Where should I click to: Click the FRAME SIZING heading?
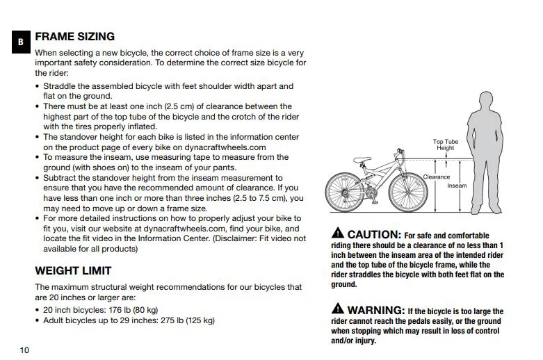pyautogui.click(x=74, y=36)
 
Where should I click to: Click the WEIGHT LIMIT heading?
pyautogui.click(x=73, y=270)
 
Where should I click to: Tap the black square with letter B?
pyautogui.click(x=21, y=42)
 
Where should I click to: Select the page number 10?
pyautogui.click(x=24, y=350)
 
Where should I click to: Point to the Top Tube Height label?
pyautogui.click(x=446, y=145)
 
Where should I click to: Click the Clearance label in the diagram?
pyautogui.click(x=437, y=177)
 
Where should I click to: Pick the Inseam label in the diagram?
pyautogui.click(x=457, y=186)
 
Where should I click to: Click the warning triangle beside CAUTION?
pyautogui.click(x=337, y=234)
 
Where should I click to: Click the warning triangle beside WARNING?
pyautogui.click(x=337, y=309)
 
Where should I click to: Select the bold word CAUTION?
pyautogui.click(x=373, y=235)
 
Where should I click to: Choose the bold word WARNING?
pyautogui.click(x=375, y=310)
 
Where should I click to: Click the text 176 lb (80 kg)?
pyautogui.click(x=130, y=309)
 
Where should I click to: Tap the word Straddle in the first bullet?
pyautogui.click(x=60, y=86)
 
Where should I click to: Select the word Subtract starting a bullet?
pyautogui.click(x=60, y=177)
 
